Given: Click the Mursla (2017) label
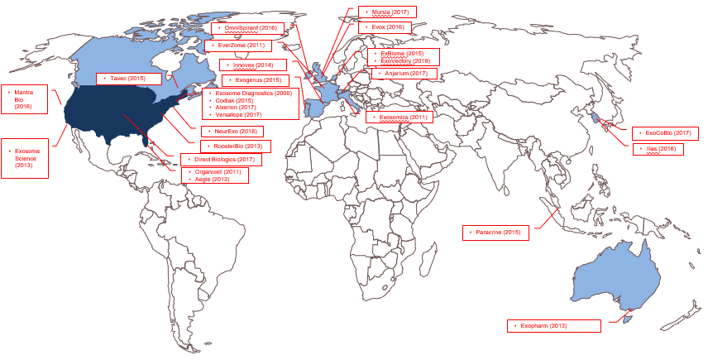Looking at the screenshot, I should click(x=388, y=12).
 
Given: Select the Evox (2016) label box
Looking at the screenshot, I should click(x=388, y=27).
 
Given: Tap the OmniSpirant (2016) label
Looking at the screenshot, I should click(x=246, y=28).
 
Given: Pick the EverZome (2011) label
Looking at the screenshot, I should click(x=239, y=46).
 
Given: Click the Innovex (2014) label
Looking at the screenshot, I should click(x=253, y=64).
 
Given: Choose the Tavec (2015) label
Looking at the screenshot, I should click(x=127, y=78).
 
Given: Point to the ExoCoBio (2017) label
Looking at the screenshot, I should click(x=664, y=132).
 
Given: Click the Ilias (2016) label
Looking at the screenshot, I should click(x=656, y=149).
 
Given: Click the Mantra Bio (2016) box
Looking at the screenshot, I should click(x=23, y=98).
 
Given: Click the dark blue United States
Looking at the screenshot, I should click(x=116, y=116).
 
